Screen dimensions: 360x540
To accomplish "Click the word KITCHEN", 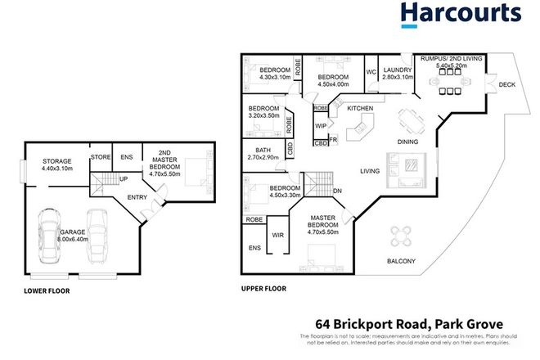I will point(360,108).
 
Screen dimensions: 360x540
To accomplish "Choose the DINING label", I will point(408,142).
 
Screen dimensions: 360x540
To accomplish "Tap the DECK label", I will point(506,83).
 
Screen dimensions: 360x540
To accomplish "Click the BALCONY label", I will point(401,261).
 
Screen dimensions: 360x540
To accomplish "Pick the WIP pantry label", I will point(321,127).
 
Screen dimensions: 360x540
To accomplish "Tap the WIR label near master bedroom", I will point(279,234).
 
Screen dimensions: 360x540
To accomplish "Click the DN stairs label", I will point(337,192).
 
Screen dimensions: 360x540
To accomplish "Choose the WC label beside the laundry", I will point(370,71).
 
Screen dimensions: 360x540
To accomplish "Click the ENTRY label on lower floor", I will point(137,197).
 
